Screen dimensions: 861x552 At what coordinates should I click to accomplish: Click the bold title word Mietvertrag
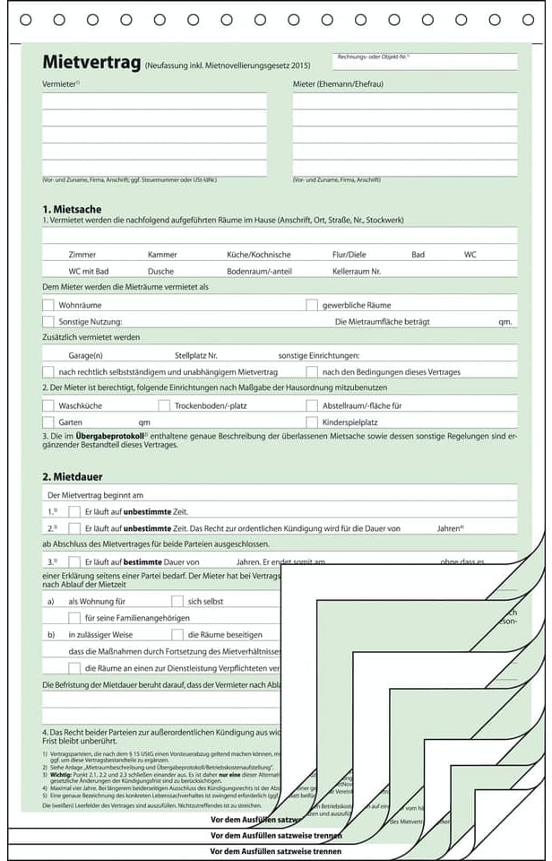pyautogui.click(x=91, y=63)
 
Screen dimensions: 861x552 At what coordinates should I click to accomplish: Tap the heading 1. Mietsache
pyautogui.click(x=73, y=209)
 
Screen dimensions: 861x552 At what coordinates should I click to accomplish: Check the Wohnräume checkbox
pyautogui.click(x=48, y=305)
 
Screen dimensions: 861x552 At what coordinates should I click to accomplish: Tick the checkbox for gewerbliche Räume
pyautogui.click(x=312, y=305)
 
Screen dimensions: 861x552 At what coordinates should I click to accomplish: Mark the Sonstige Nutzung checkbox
pyautogui.click(x=48, y=321)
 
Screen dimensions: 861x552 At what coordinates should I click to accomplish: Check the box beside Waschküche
pyautogui.click(x=48, y=405)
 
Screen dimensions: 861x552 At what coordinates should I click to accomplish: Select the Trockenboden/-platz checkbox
pyautogui.click(x=164, y=405)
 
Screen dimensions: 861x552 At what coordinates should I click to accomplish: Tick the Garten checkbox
pyautogui.click(x=48, y=422)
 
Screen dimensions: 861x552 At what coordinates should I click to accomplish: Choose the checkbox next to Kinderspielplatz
pyautogui.click(x=312, y=422)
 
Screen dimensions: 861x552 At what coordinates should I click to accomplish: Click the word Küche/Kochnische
pyautogui.click(x=258, y=255)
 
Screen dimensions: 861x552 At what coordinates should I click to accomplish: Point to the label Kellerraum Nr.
pyautogui.click(x=357, y=271)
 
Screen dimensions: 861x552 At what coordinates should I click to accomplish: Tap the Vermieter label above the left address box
pyautogui.click(x=60, y=84)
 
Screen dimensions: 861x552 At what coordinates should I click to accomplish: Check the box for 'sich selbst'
pyautogui.click(x=177, y=601)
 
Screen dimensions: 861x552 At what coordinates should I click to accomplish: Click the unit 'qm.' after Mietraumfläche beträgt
pyautogui.click(x=505, y=321)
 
